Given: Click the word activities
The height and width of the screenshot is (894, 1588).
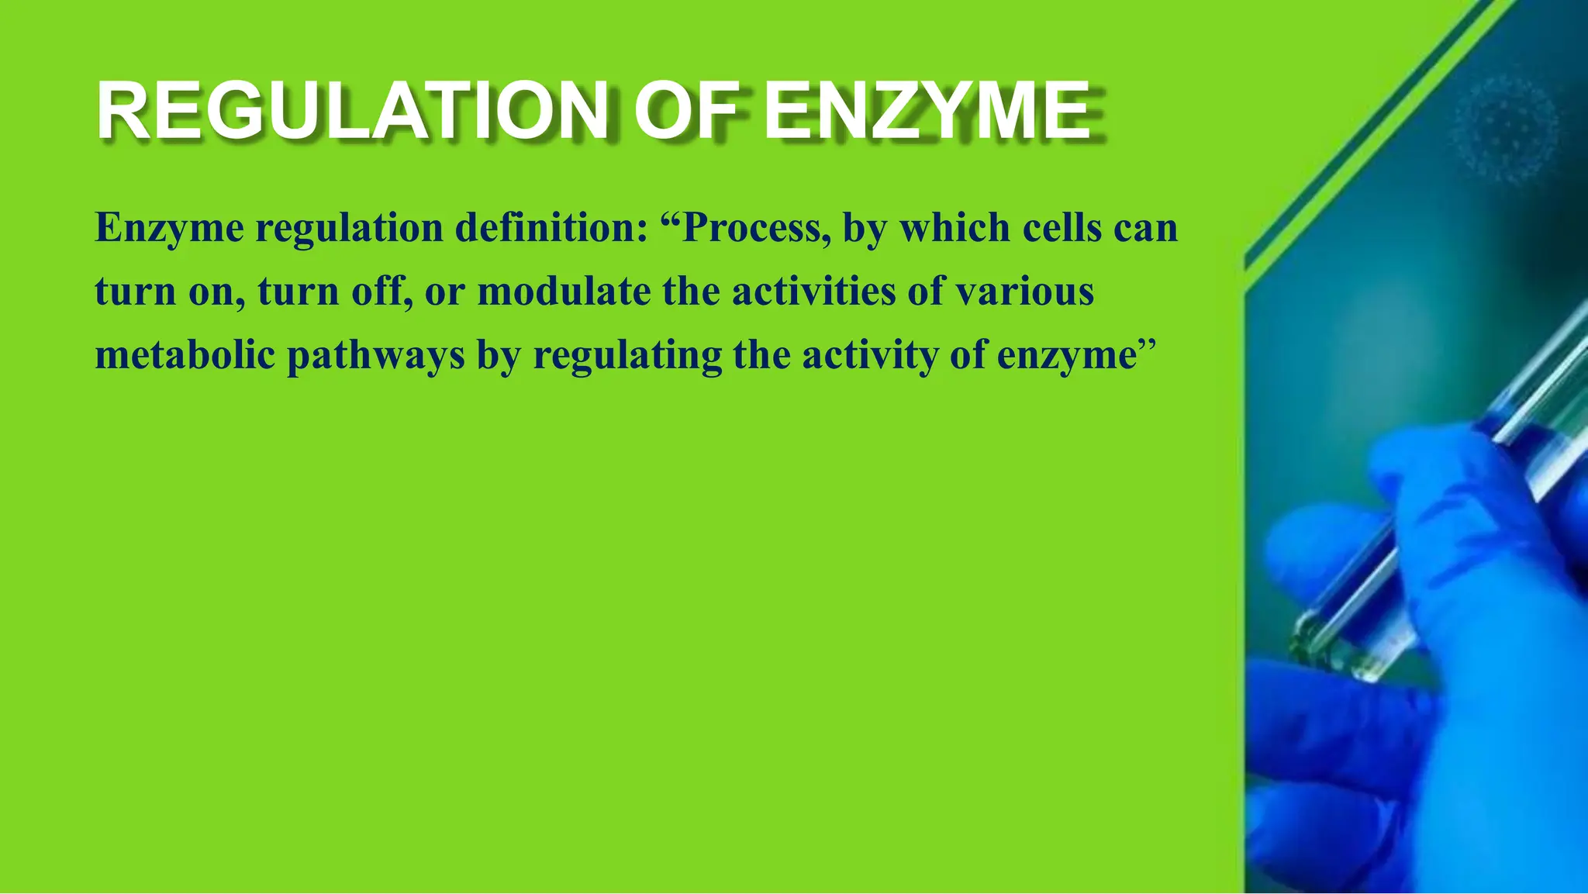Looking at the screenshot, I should click(x=813, y=292).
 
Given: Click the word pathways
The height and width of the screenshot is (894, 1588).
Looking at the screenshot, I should click(x=376, y=357).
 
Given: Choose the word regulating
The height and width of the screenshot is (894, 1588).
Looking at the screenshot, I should click(x=627, y=357).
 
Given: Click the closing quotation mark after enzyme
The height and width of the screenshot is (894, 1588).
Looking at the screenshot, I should click(x=1147, y=347).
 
